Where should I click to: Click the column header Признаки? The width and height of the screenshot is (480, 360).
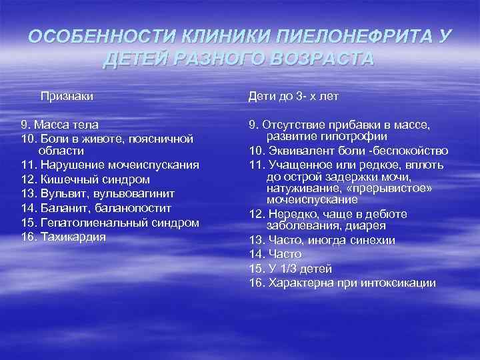tap(67, 97)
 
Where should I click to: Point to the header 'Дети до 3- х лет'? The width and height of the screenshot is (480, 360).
tap(294, 97)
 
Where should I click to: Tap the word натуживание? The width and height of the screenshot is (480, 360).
tap(299, 189)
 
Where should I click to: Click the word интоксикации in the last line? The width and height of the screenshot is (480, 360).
tap(399, 283)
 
